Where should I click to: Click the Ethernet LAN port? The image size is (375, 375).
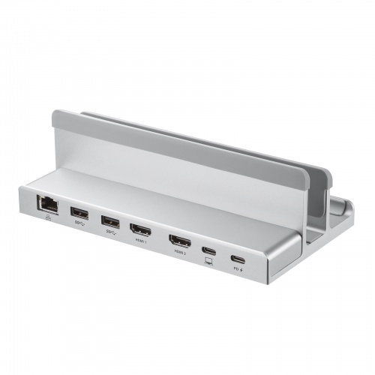(43, 202)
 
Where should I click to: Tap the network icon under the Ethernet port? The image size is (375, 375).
(44, 217)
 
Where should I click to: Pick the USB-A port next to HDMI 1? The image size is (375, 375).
(110, 221)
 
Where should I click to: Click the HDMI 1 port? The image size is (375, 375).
(140, 230)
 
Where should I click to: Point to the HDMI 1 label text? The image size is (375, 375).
(140, 241)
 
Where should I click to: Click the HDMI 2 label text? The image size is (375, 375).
(180, 253)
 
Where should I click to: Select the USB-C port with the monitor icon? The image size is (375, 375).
(209, 250)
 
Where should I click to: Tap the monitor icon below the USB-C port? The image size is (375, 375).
(209, 261)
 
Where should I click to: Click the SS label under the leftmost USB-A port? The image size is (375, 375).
(78, 223)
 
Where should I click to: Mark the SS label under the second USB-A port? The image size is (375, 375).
(110, 232)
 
